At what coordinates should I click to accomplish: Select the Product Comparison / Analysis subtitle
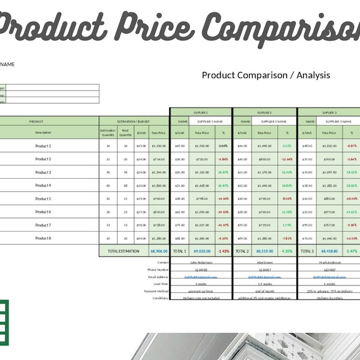pos(266,75)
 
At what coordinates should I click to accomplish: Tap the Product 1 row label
pos(43,146)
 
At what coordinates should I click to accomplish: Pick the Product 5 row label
pos(43,199)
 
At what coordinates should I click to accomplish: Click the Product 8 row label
pos(43,238)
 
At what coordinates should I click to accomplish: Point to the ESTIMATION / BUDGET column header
pos(134,121)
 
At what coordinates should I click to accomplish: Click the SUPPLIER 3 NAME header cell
pos(337,121)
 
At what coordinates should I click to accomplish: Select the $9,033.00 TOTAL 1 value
pos(202,251)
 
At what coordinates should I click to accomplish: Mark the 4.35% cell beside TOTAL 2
pos(287,251)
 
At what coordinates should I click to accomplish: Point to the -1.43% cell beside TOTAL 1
pos(223,251)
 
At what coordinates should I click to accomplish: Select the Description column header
pos(43,132)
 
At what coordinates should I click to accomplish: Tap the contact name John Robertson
pos(201,263)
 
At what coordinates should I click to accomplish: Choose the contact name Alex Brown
pos(265,263)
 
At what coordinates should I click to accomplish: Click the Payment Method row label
pos(155,291)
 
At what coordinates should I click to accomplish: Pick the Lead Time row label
pos(160,284)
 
